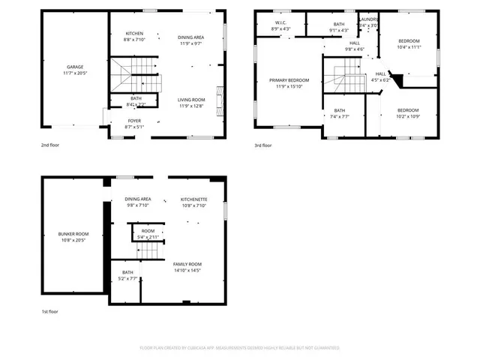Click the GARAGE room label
[74, 67]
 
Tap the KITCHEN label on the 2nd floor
[135, 33]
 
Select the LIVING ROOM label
[191, 100]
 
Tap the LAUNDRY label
[368, 19]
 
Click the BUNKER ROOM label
[73, 234]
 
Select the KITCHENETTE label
[193, 199]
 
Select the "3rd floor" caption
[262, 145]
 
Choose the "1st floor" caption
[50, 311]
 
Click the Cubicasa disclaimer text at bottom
[240, 348]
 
